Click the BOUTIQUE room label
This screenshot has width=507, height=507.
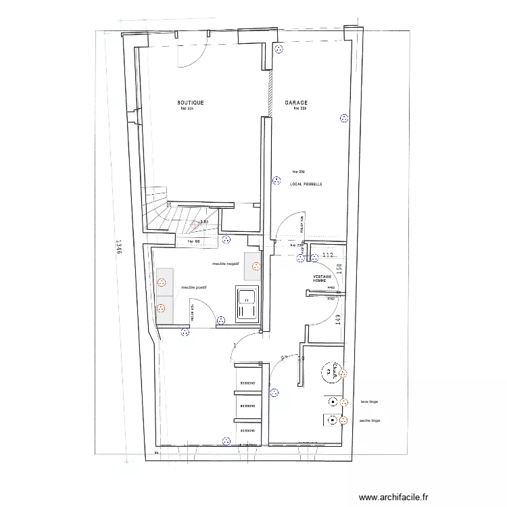(190, 103)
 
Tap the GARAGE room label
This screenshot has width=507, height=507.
(296, 103)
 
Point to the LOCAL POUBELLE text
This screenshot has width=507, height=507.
(306, 184)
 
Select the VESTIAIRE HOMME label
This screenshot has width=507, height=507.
(322, 279)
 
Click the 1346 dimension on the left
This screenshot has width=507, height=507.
(118, 249)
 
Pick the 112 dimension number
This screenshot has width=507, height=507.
(329, 255)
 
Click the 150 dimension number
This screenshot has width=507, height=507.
(339, 269)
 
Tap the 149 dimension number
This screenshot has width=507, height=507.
(339, 313)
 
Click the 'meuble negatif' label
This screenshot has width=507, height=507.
(226, 264)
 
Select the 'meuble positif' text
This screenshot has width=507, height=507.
(193, 287)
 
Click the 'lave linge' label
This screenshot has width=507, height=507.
(369, 402)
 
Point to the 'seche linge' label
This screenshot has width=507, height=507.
(370, 420)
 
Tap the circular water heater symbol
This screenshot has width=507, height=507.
(329, 370)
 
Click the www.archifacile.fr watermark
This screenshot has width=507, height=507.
(393, 497)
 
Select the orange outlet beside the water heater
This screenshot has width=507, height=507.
(343, 373)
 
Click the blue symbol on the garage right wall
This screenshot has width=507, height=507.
(343, 118)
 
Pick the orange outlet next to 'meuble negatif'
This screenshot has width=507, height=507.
(256, 265)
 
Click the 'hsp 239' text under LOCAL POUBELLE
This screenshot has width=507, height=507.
(298, 172)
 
